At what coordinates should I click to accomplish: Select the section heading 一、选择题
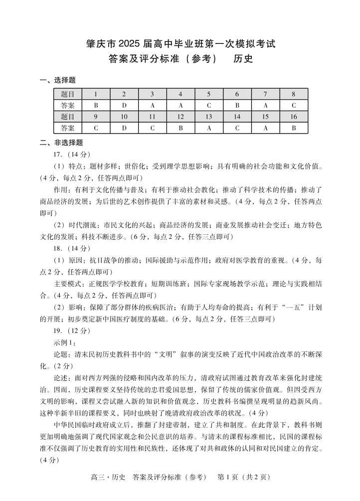click(58, 80)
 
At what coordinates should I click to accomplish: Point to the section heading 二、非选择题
click(61, 143)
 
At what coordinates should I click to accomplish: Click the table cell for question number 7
click(265, 94)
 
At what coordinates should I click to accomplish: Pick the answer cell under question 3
click(153, 105)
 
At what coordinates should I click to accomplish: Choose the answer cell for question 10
click(124, 128)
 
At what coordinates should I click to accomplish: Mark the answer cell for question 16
click(294, 128)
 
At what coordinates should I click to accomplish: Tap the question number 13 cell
click(209, 117)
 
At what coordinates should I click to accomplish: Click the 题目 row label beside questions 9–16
click(68, 117)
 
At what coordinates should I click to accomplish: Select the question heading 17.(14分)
click(72, 154)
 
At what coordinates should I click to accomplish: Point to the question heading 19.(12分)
click(72, 330)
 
